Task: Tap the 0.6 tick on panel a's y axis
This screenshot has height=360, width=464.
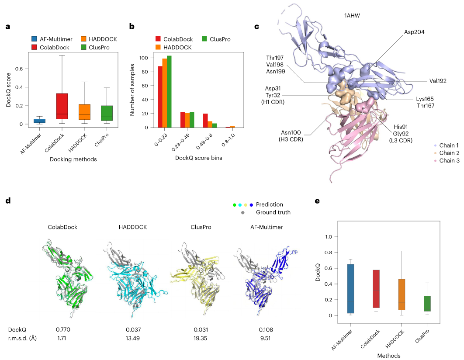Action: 19,69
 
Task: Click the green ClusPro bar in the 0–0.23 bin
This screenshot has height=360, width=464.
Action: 169,92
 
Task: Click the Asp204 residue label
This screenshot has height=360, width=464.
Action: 415,32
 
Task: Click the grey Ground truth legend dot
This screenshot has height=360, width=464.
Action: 243,212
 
